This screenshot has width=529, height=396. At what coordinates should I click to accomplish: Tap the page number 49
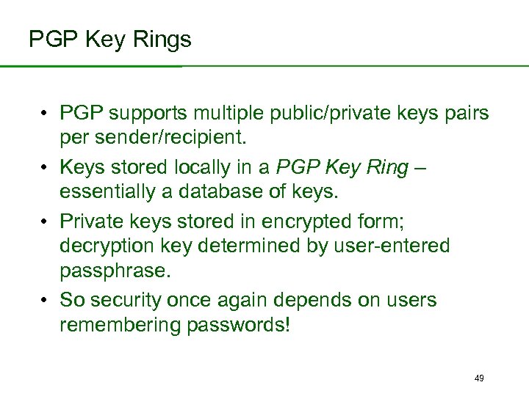click(479, 378)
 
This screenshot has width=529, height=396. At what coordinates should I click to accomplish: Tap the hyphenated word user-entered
click(393, 245)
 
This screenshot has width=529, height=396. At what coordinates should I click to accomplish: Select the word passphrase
click(115, 269)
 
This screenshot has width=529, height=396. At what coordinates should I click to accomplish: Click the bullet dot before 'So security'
click(45, 301)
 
